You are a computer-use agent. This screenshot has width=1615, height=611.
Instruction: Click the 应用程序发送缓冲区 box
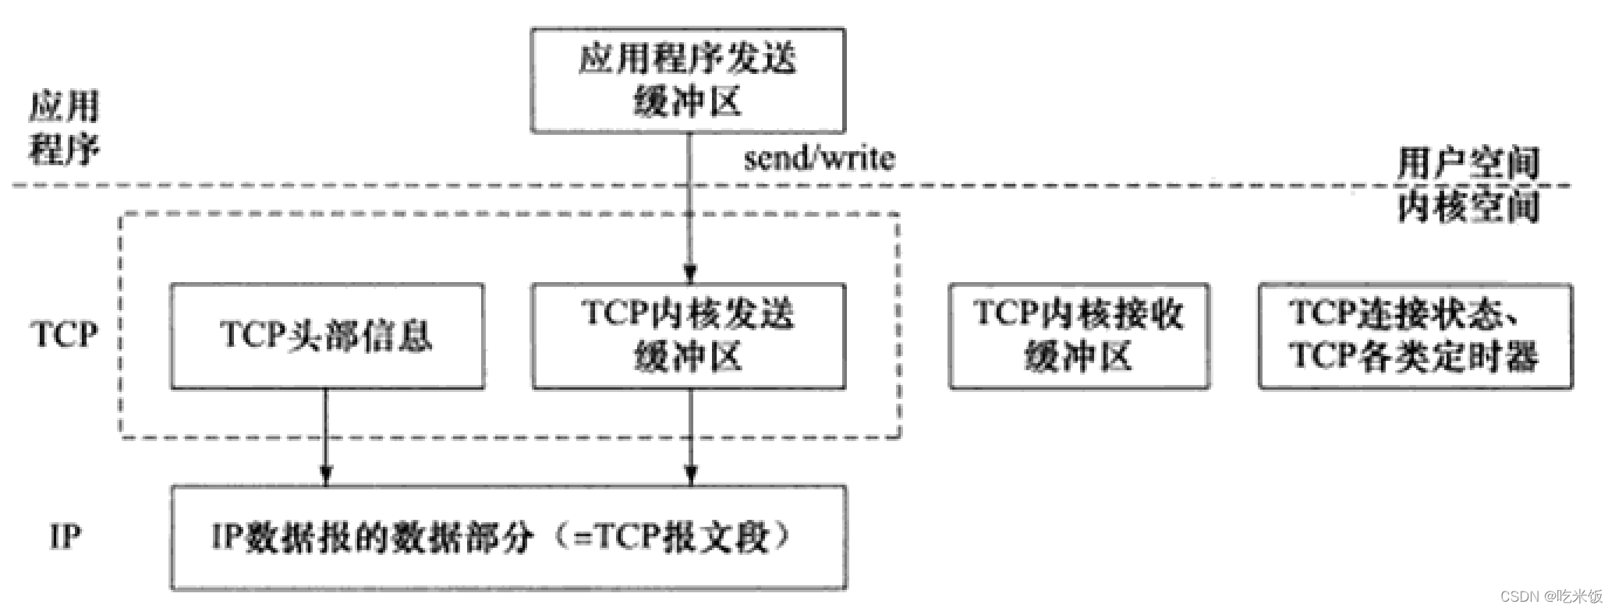point(687,80)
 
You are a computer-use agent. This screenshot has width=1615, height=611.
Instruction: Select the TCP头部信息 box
point(327,336)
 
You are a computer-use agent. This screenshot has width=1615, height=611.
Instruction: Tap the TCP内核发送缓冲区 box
point(689,336)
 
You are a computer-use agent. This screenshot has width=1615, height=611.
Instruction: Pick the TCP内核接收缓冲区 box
point(1078,336)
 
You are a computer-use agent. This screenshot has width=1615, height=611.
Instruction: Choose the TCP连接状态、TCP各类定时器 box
point(1415,336)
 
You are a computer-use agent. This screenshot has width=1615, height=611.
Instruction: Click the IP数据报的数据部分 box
point(508,537)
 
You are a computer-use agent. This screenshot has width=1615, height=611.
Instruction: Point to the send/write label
point(819,159)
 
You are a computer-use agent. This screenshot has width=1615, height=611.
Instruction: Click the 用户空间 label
point(1468,163)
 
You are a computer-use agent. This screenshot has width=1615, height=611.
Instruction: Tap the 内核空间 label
point(1468,207)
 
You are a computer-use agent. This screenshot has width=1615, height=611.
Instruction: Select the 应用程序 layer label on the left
point(65,128)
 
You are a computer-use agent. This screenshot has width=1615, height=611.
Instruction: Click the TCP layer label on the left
point(65,335)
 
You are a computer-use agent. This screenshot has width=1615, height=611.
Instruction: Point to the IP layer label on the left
point(65,537)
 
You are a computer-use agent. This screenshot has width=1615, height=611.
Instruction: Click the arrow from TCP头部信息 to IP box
point(326,436)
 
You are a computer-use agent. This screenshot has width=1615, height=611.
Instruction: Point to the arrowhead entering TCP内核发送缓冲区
point(689,274)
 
